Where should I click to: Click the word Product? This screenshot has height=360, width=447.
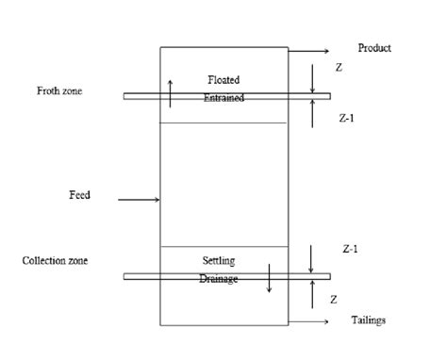pyautogui.click(x=374, y=48)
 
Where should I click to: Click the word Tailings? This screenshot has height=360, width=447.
pyautogui.click(x=368, y=320)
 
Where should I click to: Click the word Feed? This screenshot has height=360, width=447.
pyautogui.click(x=79, y=195)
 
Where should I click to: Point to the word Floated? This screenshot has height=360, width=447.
pyautogui.click(x=223, y=80)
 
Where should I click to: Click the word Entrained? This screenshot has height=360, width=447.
pyautogui.click(x=223, y=98)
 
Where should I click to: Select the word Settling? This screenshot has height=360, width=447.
pyautogui.click(x=219, y=260)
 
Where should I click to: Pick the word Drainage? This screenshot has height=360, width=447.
pyautogui.click(x=219, y=279)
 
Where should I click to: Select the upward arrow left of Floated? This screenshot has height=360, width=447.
pyautogui.click(x=171, y=93)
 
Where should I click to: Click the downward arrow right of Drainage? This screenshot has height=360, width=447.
pyautogui.click(x=270, y=279)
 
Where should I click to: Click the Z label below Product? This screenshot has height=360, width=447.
pyautogui.click(x=339, y=69)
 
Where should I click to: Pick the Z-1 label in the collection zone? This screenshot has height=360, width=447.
pyautogui.click(x=349, y=248)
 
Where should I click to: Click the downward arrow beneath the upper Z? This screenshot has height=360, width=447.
pyautogui.click(x=313, y=79)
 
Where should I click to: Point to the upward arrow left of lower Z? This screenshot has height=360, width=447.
pyautogui.click(x=313, y=293)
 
